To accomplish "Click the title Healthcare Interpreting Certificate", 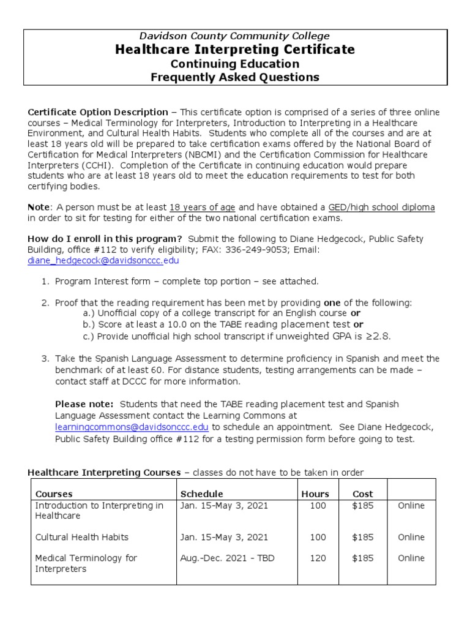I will [235, 50].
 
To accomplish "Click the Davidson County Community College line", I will [235, 36].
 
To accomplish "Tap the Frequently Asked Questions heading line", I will [235, 77].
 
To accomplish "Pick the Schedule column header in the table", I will [201, 494].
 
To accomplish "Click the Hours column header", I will [315, 494].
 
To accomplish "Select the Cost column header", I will [362, 494].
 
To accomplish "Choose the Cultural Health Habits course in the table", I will [82, 537].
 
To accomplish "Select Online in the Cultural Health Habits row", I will [411, 537].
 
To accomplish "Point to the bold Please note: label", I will [84, 404].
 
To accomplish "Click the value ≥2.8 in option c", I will [379, 336].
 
